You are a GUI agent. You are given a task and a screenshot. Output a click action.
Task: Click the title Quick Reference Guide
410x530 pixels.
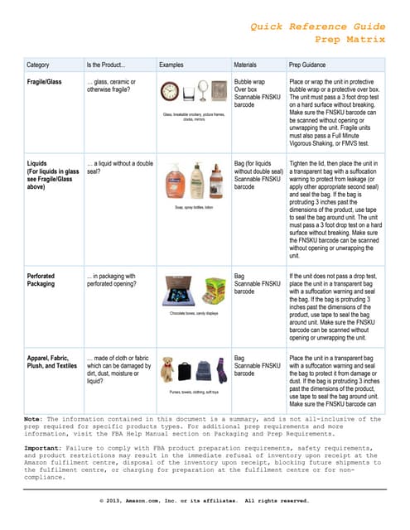pyautogui.click(x=317, y=26)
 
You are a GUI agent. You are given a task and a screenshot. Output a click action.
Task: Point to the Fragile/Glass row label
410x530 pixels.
pyautogui.click(x=47, y=83)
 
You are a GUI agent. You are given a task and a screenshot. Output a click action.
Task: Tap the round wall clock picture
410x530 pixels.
pyautogui.click(x=172, y=94)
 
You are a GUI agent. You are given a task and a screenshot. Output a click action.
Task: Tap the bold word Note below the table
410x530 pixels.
pyautogui.click(x=34, y=419)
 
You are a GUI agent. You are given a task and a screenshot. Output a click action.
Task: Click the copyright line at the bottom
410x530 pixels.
pyautogui.click(x=204, y=501)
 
